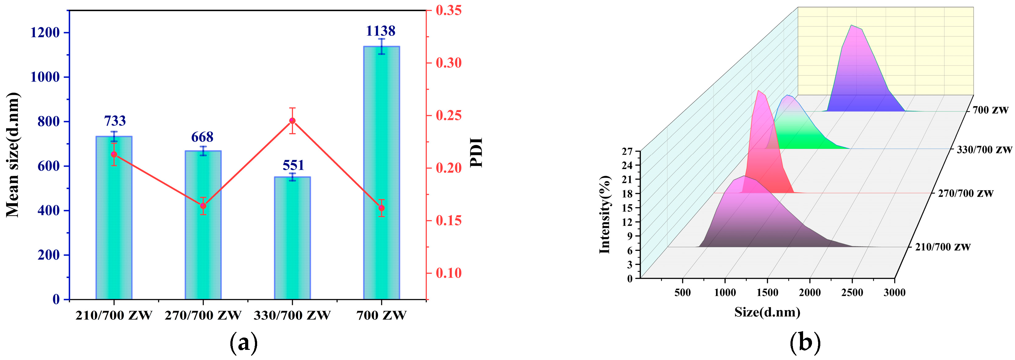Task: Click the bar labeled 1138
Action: (381, 173)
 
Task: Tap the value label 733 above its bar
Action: (115, 121)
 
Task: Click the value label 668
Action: (202, 137)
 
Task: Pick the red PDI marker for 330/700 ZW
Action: (293, 121)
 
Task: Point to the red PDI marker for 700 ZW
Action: (381, 208)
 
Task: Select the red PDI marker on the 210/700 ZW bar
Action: (114, 154)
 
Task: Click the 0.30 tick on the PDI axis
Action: (448, 63)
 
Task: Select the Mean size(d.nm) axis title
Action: (13, 155)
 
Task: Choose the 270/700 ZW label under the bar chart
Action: (203, 315)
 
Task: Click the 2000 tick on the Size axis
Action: (810, 292)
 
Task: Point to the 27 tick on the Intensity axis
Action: (627, 151)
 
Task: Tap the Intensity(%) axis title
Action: (605, 215)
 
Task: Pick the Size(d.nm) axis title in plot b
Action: (767, 312)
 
